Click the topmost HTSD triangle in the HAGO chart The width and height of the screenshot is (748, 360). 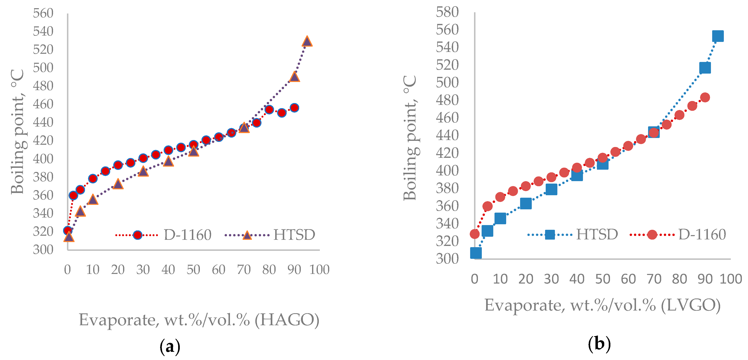tap(307, 42)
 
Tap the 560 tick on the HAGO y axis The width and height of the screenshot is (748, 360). tap(43, 13)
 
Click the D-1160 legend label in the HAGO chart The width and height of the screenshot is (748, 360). tap(188, 235)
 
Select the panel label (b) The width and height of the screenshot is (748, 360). tap(599, 344)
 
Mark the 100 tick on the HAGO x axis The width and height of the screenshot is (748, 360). tap(319, 270)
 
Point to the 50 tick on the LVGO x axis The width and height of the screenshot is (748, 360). tap(603, 279)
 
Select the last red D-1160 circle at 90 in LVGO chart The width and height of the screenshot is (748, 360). tap(705, 97)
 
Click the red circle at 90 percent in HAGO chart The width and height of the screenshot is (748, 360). tap(294, 108)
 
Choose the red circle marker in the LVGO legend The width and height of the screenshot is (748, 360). tap(652, 234)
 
